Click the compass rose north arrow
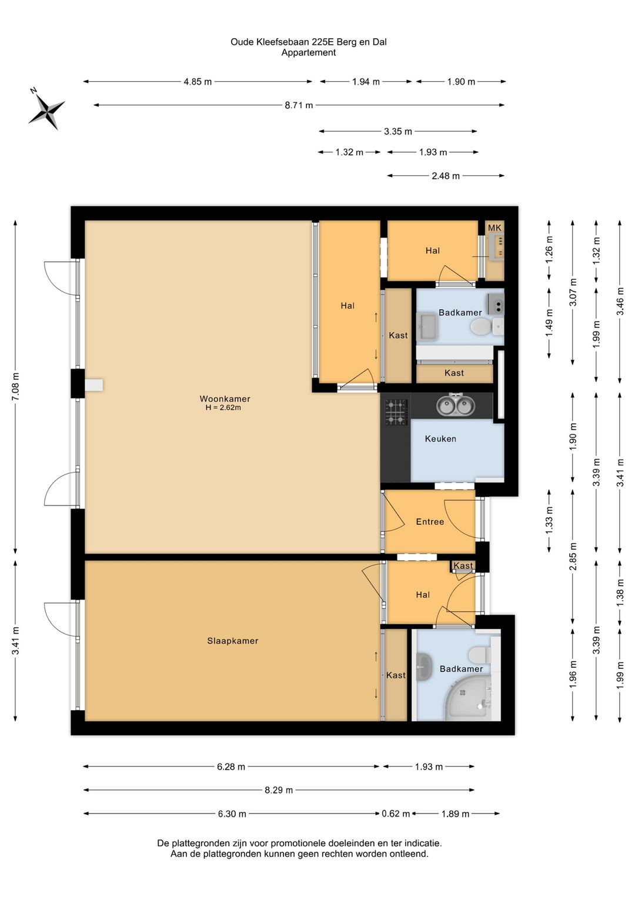click(x=46, y=108)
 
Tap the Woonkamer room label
click(x=225, y=399)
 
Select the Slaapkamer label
click(x=232, y=641)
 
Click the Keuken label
click(x=440, y=439)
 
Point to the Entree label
click(x=430, y=521)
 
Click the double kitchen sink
click(x=456, y=405)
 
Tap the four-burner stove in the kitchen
click(x=397, y=412)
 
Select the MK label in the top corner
click(x=494, y=228)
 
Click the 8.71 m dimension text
click(x=299, y=105)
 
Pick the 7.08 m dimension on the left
click(x=15, y=386)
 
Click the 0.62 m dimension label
click(x=396, y=814)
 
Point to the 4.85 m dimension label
click(x=198, y=82)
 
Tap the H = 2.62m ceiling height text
click(x=223, y=408)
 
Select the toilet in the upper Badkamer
click(x=481, y=326)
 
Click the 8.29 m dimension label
click(x=279, y=790)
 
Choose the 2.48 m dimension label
click(x=446, y=176)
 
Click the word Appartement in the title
click(x=309, y=52)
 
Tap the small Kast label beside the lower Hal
click(x=463, y=565)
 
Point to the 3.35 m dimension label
click(x=398, y=131)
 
